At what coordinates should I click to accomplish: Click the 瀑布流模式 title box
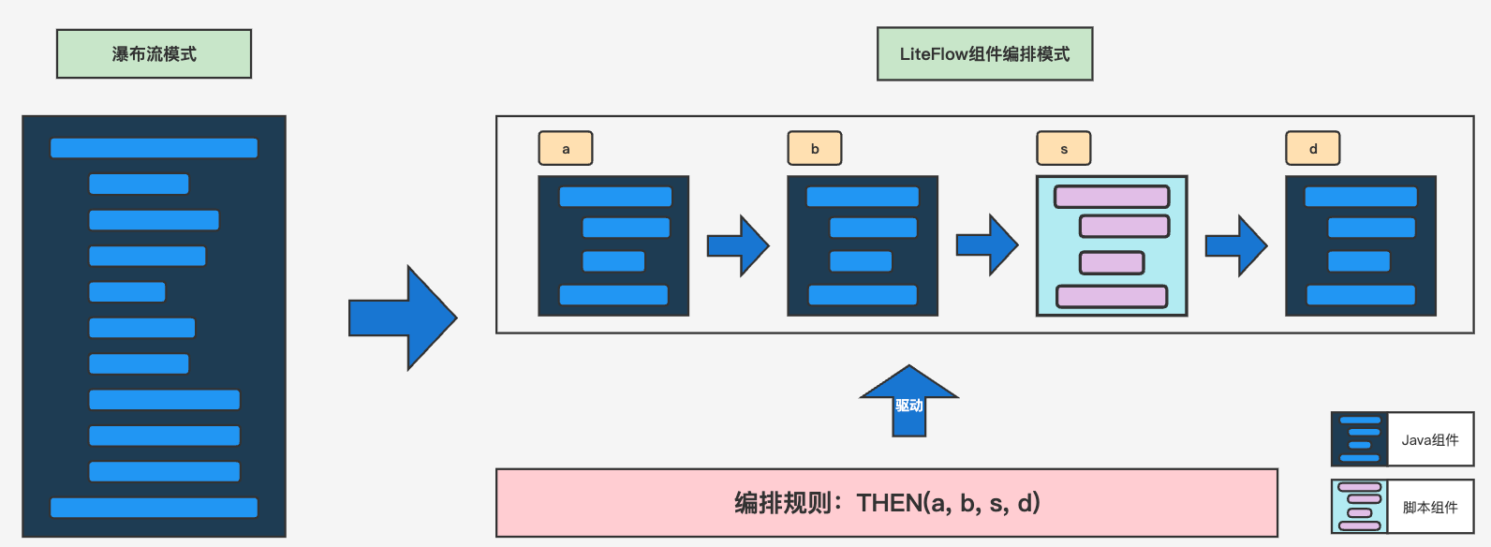[x=154, y=53]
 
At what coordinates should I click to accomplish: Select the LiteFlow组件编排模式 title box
[x=984, y=53]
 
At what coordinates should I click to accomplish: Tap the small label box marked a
[x=566, y=148]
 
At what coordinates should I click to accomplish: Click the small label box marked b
[x=815, y=148]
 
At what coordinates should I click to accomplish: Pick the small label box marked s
[x=1064, y=148]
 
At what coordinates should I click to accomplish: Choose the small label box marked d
[x=1313, y=148]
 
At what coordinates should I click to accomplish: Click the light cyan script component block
[x=1112, y=245]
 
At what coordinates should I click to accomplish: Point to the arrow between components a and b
[x=738, y=245]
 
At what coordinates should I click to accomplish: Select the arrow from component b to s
[x=987, y=245]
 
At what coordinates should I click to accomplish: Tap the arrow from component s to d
[x=1236, y=245]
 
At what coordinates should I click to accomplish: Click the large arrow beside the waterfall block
[x=403, y=318]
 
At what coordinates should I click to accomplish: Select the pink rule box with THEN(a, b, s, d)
[x=886, y=502]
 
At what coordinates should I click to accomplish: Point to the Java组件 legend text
[x=1430, y=439]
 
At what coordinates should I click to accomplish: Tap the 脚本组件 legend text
[x=1430, y=507]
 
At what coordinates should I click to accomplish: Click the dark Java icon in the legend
[x=1360, y=439]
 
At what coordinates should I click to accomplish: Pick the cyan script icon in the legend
[x=1360, y=507]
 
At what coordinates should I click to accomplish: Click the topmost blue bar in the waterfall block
[x=154, y=148]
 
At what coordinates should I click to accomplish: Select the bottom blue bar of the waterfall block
[x=154, y=508]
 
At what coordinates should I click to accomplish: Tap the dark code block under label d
[x=1361, y=245]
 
